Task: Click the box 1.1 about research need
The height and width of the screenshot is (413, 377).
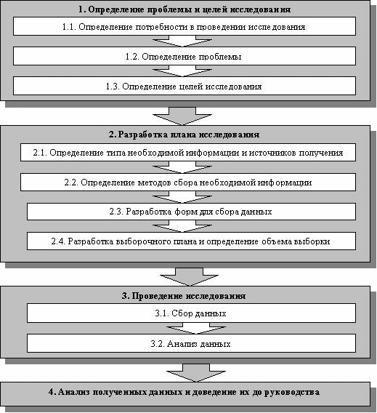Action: click(185, 26)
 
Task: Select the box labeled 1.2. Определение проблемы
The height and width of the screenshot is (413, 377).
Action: click(185, 56)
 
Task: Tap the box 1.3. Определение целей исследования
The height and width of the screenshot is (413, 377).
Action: click(185, 86)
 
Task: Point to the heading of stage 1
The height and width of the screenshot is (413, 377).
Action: click(185, 9)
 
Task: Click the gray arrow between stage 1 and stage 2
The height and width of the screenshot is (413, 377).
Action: click(182, 116)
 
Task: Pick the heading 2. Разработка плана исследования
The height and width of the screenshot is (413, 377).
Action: click(185, 135)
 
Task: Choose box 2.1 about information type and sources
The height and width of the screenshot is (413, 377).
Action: click(188, 153)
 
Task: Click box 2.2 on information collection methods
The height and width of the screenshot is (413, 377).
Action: click(188, 183)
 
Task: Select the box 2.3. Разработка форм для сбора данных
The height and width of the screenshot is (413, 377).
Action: click(191, 212)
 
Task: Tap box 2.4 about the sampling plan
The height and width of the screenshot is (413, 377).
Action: click(191, 241)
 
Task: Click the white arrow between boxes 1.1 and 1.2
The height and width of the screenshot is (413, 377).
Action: click(182, 41)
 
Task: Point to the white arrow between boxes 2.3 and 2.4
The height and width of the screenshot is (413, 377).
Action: click(182, 226)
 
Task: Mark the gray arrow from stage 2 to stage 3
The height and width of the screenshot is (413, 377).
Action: click(189, 277)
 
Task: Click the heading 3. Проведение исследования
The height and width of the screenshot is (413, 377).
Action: click(184, 296)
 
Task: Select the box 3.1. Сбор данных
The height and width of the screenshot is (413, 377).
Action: click(191, 313)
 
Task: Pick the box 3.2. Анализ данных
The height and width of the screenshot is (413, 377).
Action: click(191, 343)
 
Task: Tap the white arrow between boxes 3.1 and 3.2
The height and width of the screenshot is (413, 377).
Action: click(196, 329)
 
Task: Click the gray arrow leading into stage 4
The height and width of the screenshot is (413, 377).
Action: click(196, 373)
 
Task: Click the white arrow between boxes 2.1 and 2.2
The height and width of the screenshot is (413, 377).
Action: click(182, 167)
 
